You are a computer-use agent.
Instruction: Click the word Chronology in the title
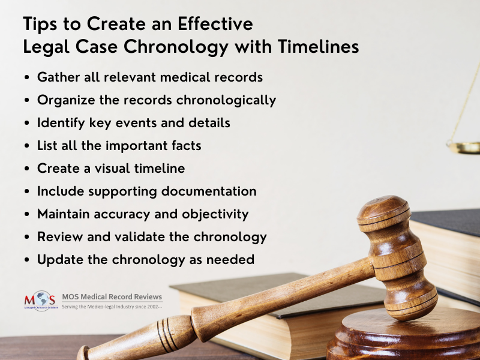coord(176,47)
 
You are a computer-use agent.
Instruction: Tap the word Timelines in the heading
coord(319,47)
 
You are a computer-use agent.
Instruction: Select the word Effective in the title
coord(215,23)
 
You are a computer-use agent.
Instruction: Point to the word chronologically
coord(226,100)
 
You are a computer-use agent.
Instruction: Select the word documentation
coord(209,191)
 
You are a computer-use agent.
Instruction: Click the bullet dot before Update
coord(27,260)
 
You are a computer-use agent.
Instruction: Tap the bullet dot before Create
coord(27,169)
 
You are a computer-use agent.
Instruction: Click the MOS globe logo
coord(41,301)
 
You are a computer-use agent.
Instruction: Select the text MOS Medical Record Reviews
coord(112,296)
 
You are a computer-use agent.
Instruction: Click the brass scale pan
coord(464,148)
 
